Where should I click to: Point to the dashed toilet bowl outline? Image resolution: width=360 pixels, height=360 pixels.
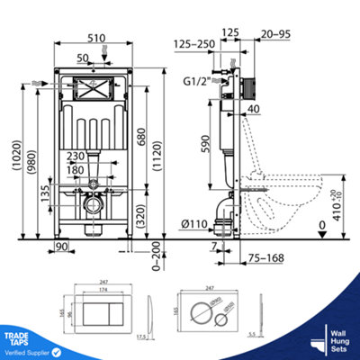click(292, 193)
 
